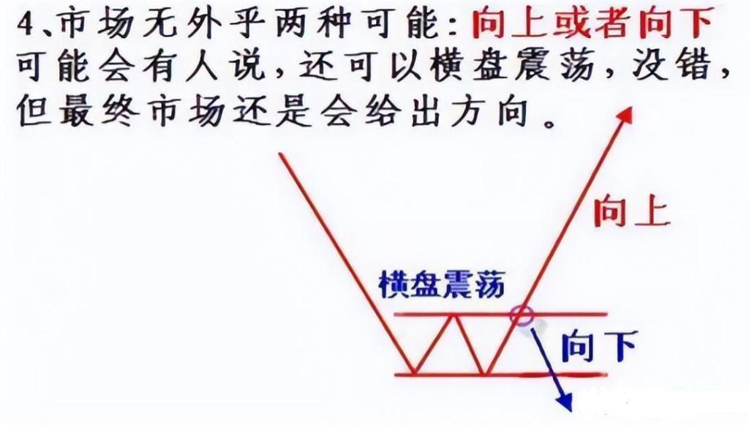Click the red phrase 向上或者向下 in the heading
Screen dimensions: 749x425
click(592, 23)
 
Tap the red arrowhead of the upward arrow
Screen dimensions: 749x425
click(625, 116)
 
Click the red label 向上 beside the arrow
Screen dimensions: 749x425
click(631, 212)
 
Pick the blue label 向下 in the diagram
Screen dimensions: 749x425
click(599, 346)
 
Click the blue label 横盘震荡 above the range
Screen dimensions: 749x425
click(441, 285)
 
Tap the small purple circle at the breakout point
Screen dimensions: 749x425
click(521, 316)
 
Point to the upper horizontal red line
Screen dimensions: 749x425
click(500, 315)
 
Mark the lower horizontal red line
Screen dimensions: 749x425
click(500, 375)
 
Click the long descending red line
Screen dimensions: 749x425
click(347, 263)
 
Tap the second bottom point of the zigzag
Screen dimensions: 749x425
click(483, 373)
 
